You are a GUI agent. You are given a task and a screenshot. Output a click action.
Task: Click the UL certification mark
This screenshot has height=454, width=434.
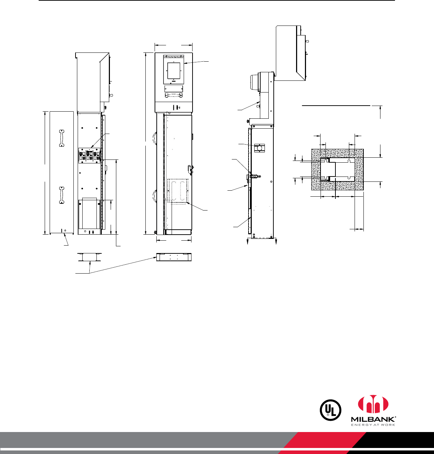pos(330,410)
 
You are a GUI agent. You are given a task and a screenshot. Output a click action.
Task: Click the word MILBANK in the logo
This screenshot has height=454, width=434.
pos(373,419)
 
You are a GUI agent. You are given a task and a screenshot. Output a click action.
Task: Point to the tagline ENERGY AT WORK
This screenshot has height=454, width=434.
pos(373,425)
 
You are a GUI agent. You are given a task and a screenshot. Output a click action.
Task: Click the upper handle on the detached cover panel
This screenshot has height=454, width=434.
pos(62,138)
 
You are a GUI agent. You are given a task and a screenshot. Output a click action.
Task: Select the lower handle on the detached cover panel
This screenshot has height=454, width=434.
pos(62,195)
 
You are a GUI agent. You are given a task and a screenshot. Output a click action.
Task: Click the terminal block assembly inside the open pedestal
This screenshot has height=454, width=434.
pos(90,155)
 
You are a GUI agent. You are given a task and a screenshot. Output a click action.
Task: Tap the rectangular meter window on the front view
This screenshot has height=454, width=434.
pos(174,71)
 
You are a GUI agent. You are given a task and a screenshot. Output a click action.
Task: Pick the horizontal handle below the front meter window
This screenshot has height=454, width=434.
pos(173,95)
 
